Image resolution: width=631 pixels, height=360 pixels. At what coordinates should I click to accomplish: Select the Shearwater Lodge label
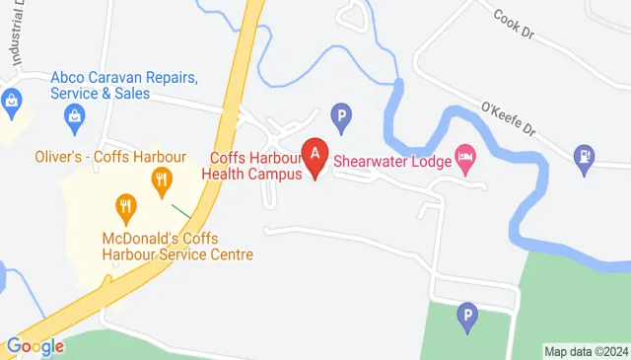pos(390,158)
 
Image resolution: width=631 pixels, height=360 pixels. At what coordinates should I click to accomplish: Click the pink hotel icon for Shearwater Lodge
pos(464,157)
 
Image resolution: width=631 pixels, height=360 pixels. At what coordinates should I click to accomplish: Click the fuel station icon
pos(585,156)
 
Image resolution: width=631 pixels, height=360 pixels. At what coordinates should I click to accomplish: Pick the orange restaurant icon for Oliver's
pos(160,180)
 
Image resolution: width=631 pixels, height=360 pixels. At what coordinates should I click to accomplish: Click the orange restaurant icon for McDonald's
pos(124,207)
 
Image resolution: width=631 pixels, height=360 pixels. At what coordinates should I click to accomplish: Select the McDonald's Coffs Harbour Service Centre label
pos(177,247)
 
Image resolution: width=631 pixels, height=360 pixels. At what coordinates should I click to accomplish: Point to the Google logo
pos(35,346)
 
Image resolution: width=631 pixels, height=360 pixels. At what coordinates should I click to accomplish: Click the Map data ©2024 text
pos(586,351)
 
